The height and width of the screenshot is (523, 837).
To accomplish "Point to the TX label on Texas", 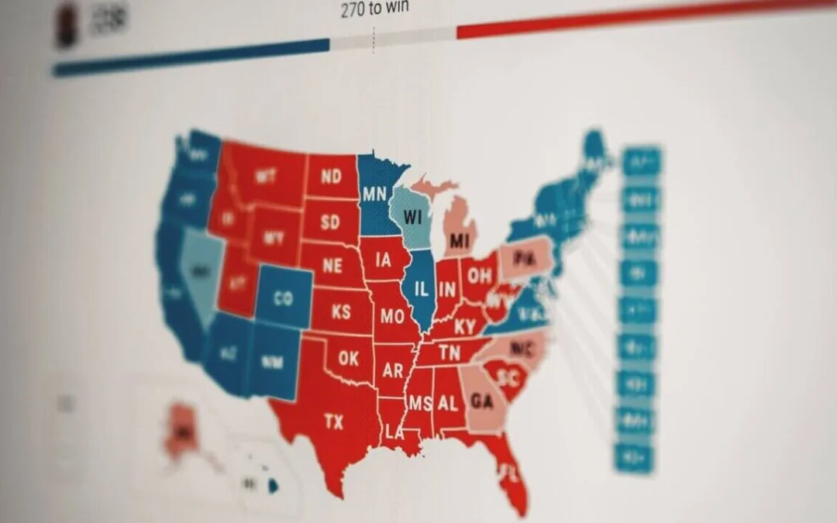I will click(333, 422).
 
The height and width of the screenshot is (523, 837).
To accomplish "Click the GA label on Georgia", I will click(481, 401).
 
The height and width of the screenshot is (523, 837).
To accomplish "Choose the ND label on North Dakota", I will click(331, 177).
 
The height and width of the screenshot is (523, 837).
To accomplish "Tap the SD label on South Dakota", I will click(330, 222).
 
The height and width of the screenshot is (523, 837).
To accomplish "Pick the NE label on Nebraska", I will click(332, 266).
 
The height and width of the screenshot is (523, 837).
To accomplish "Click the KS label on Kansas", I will click(341, 311).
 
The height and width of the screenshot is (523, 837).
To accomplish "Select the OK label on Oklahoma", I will click(349, 360).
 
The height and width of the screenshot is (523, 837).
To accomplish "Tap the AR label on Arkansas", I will click(393, 370).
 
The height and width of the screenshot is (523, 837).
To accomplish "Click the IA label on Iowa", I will click(383, 260).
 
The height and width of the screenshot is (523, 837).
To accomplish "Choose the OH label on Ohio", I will click(479, 276).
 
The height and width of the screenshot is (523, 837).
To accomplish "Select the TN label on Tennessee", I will click(449, 353).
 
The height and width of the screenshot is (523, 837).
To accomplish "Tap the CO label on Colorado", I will click(283, 298).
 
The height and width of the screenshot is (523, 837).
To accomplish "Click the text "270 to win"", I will click(374, 10).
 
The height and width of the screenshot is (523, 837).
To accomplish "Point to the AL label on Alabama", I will click(447, 404).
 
